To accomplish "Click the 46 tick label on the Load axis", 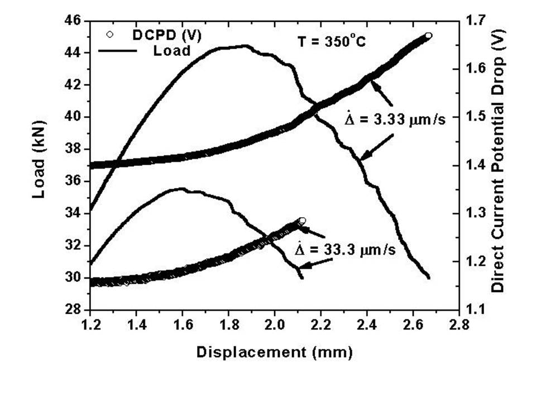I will pos(74,21).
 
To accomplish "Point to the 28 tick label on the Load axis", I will pos(74,310).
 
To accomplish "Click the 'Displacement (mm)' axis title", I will pos(274,352).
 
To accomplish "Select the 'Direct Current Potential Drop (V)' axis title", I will pos(499,166).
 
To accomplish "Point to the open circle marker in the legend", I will pos(110,35).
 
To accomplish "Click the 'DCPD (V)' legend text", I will pos(167,35).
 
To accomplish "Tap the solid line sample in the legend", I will pos(117,50).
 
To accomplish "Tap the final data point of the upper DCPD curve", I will pos(428,36).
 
